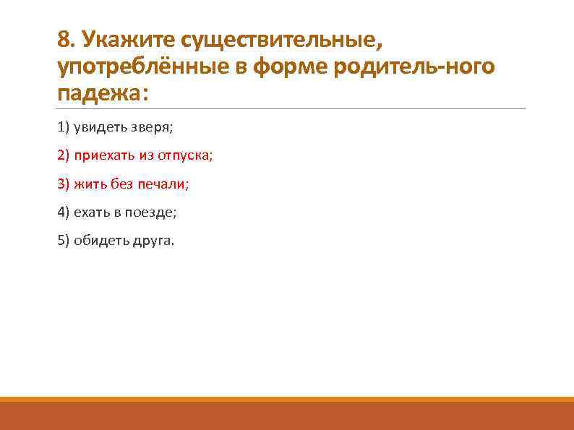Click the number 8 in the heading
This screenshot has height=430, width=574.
coord(64,38)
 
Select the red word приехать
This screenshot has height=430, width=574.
coord(101,156)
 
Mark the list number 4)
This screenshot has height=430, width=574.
coord(63,212)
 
